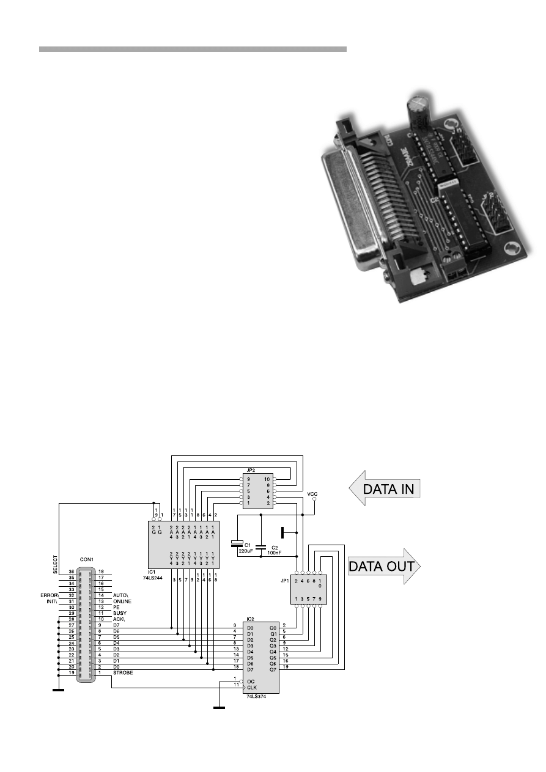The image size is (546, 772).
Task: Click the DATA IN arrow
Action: pyautogui.click(x=385, y=489)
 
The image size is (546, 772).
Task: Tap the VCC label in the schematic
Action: pyautogui.click(x=312, y=493)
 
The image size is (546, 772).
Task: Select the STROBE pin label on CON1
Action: pyautogui.click(x=123, y=673)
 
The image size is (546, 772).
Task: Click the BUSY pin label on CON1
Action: pyautogui.click(x=120, y=612)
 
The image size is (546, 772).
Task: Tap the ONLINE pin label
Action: pyautogui.click(x=123, y=601)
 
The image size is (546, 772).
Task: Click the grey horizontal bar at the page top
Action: pyautogui.click(x=193, y=49)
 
